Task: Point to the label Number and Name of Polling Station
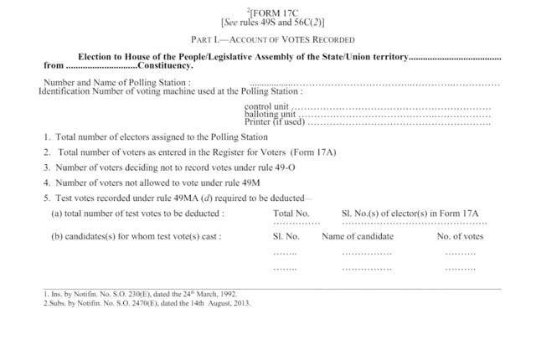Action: [x=116, y=82]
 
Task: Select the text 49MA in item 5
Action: [x=156, y=198]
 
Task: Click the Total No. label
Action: [x=291, y=213]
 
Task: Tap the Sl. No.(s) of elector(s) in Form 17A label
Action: [x=410, y=213]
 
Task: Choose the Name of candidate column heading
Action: [x=358, y=236]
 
